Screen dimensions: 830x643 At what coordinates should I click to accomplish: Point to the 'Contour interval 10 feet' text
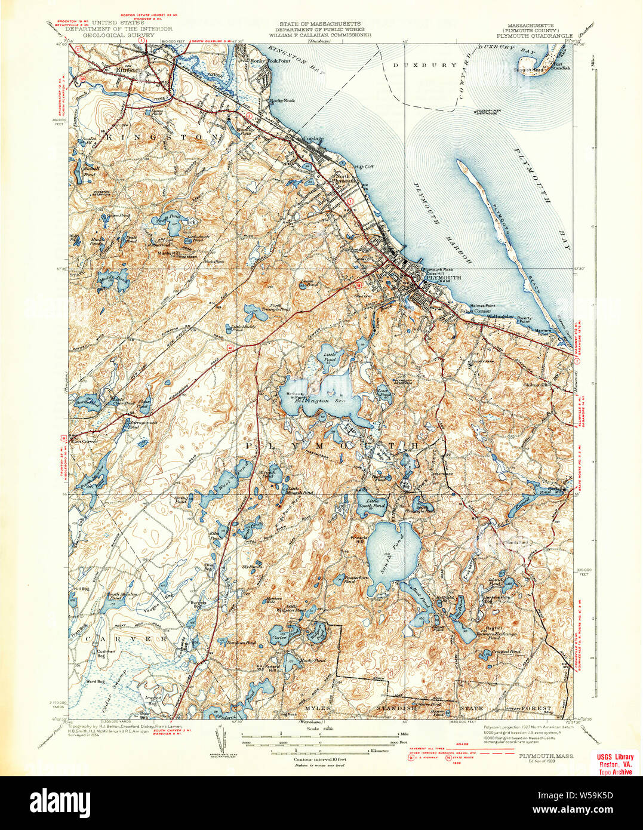coord(308,758)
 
